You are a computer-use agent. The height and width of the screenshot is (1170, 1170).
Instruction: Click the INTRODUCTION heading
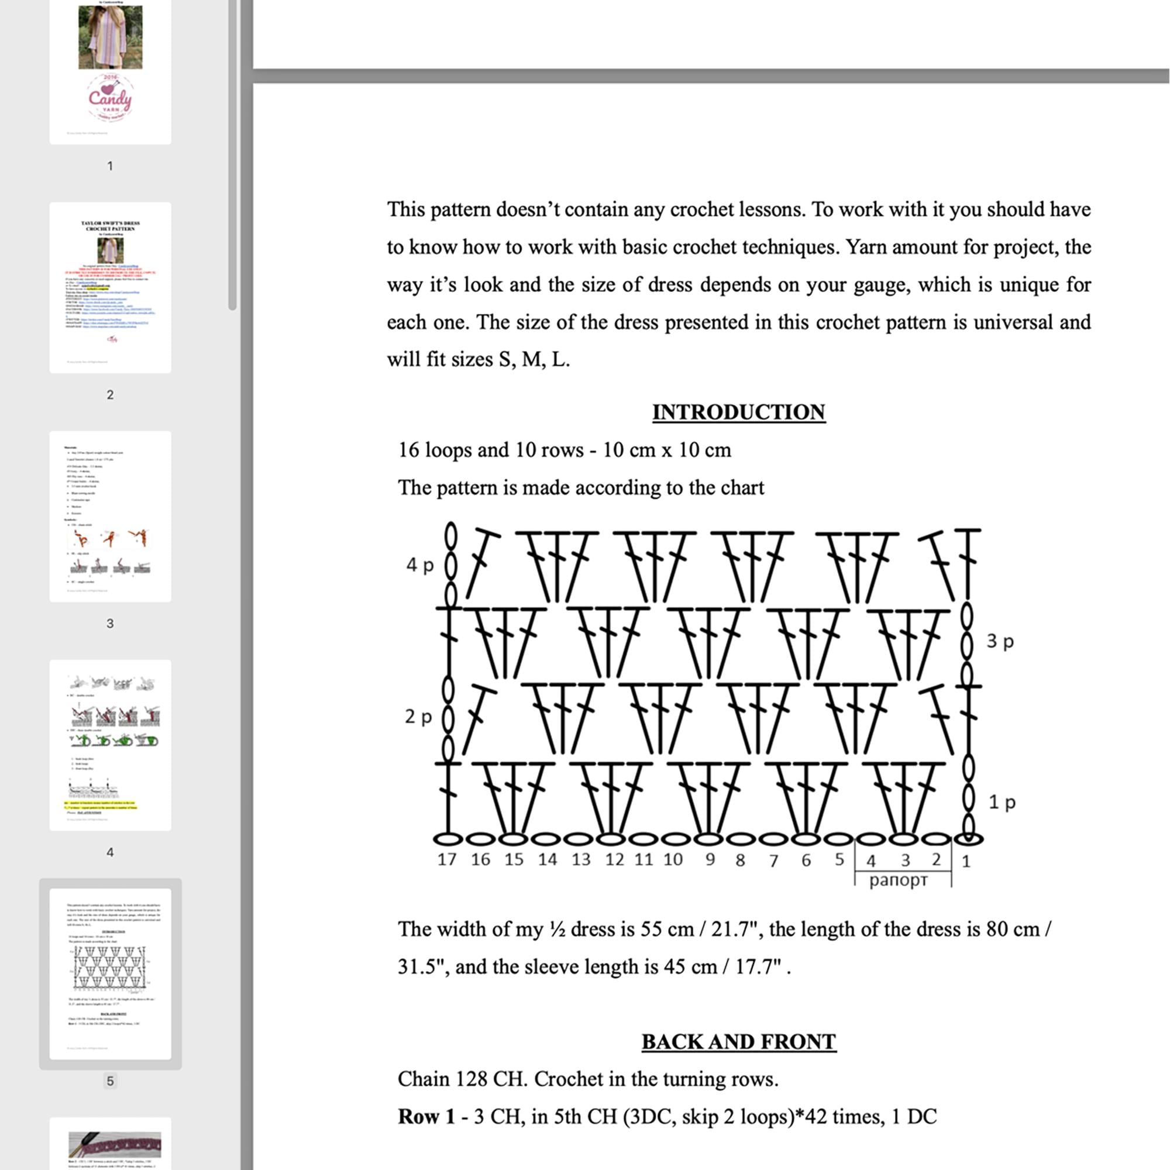[x=738, y=412]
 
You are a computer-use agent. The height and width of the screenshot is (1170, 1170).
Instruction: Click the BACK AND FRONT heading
[x=738, y=1042]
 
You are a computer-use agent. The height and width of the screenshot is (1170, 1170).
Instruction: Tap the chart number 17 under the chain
[x=446, y=859]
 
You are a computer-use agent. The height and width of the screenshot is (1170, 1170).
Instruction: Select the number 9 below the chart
[x=710, y=859]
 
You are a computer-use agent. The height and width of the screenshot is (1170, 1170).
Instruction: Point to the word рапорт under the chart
[x=898, y=880]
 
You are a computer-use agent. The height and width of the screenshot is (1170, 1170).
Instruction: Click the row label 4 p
[x=419, y=565]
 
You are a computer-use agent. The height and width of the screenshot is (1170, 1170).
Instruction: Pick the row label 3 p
[x=1000, y=641]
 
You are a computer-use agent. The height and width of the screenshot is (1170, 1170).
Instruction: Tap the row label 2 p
[x=418, y=717]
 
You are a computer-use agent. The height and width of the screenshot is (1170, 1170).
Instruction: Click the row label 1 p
[x=1002, y=802]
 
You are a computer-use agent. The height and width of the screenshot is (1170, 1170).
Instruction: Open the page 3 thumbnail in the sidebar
[x=110, y=516]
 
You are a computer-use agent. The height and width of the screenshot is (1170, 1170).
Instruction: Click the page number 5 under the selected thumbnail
[x=109, y=1081]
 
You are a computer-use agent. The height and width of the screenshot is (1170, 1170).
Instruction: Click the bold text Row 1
[x=426, y=1117]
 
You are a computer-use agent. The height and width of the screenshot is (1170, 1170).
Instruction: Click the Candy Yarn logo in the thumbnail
[x=110, y=97]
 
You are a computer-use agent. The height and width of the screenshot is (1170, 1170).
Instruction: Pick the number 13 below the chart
[x=580, y=859]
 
